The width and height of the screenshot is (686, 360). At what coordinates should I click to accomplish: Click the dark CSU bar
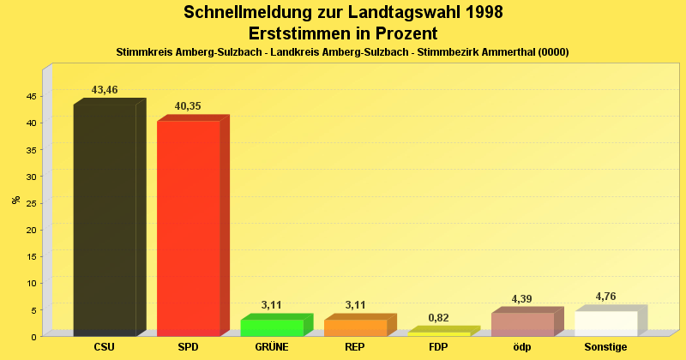coord(105,219)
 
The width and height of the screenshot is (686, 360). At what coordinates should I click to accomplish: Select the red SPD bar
coord(188,228)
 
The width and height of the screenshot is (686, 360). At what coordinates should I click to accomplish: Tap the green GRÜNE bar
coord(272,327)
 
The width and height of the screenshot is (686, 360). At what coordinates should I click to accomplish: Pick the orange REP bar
coord(355,327)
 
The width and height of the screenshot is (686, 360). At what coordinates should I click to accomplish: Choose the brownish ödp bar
coord(522,324)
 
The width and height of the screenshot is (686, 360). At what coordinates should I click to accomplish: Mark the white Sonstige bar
coord(605,323)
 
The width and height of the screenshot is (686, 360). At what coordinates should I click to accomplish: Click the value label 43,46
coord(105,90)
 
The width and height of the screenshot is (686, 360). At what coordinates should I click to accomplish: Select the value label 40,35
coord(188,106)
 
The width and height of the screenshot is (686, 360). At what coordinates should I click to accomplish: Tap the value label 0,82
coord(438,318)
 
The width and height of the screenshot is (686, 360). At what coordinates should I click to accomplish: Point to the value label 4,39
coord(522,298)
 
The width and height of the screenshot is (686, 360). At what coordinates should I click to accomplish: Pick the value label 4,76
coord(605,297)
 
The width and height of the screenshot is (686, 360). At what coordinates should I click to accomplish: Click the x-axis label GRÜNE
coord(272,347)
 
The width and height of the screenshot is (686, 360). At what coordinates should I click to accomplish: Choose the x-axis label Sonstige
coord(605,347)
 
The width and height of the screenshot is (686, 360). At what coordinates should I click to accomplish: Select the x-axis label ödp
coord(522,347)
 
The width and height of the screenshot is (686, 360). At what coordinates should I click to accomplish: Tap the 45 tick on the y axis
coord(30,96)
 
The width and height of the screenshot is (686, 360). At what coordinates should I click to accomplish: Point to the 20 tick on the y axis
coord(30,230)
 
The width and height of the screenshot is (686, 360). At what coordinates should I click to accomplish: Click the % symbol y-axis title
coord(15,200)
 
